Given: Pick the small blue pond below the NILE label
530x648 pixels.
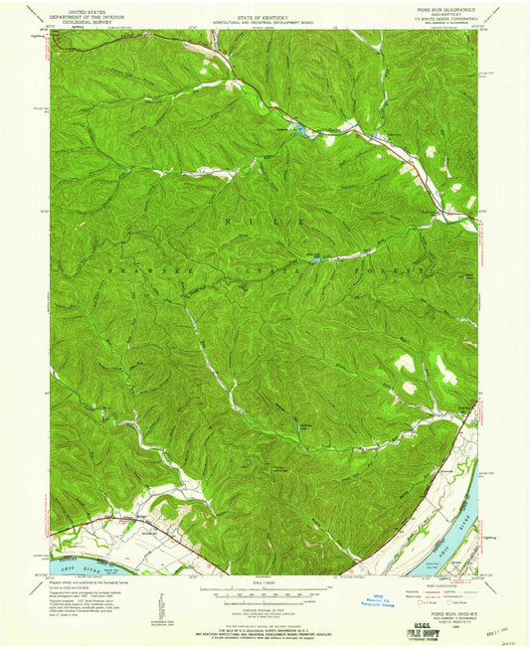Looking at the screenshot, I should point(317,260).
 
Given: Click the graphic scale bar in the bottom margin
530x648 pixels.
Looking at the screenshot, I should point(265,587).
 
